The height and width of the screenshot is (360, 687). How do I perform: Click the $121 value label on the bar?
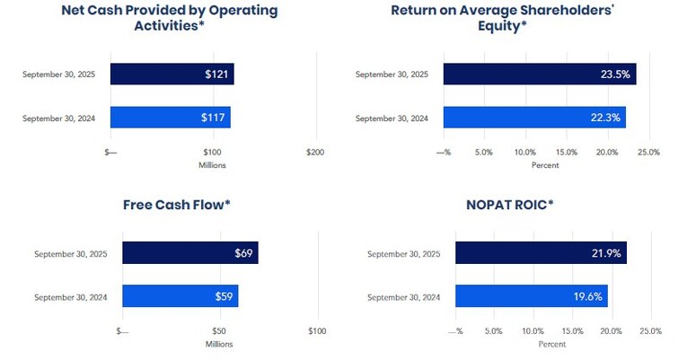tap(216, 74)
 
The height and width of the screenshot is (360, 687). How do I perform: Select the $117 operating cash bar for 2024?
tap(170, 118)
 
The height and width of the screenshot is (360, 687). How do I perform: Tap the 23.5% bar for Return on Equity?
tap(539, 74)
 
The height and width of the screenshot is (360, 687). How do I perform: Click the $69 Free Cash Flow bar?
tap(189, 254)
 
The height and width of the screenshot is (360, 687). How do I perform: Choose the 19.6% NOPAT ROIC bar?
tap(531, 296)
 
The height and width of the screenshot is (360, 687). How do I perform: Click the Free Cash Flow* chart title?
tap(177, 205)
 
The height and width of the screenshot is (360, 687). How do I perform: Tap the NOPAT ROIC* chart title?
tap(508, 205)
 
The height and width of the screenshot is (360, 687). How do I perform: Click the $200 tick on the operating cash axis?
tap(314, 153)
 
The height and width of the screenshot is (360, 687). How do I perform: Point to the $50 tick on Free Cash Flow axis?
tap(219, 331)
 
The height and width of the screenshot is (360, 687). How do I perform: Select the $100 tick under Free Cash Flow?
tap(317, 331)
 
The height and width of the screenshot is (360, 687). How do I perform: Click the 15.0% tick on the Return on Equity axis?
tap(566, 153)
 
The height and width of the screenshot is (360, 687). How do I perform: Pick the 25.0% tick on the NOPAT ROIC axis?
tap(650, 331)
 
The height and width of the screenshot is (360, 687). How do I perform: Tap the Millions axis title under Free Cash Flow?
tap(219, 344)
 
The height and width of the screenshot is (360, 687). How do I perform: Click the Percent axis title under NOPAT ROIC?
tap(552, 344)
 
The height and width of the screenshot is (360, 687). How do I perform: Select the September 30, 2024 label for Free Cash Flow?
tap(70, 296)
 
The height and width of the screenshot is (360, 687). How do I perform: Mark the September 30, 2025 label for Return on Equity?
tap(392, 74)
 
